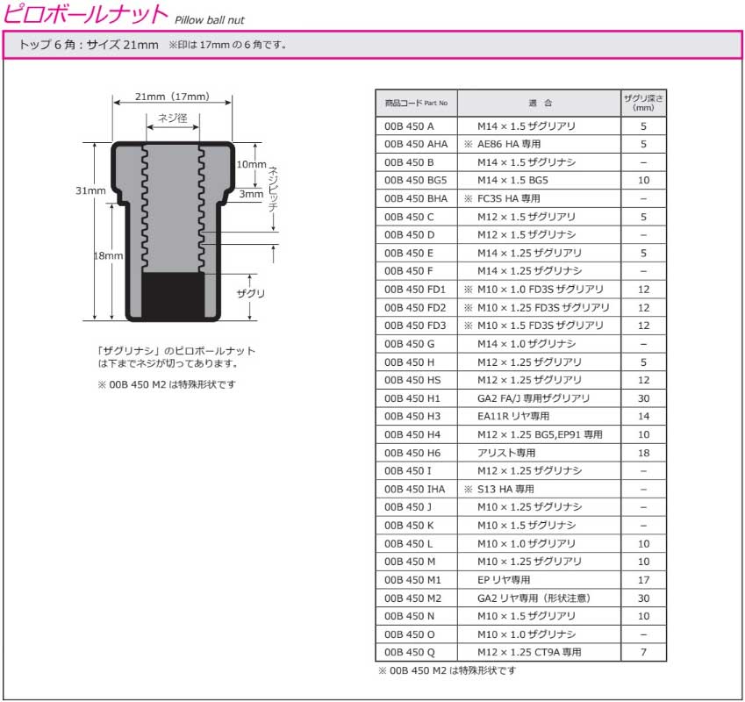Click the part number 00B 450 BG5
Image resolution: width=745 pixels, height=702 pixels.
(x=415, y=181)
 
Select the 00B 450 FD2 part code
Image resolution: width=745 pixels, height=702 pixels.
(x=415, y=308)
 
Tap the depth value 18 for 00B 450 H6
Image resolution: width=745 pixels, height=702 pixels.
(x=643, y=453)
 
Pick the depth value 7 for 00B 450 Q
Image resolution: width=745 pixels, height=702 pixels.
(x=643, y=653)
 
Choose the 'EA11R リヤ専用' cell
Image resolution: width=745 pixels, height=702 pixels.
(x=513, y=417)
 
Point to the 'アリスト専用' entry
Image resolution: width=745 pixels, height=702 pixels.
(x=506, y=453)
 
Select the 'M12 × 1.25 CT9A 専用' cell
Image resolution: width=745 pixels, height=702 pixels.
(x=529, y=653)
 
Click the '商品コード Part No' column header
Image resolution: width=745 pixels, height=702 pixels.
(x=416, y=103)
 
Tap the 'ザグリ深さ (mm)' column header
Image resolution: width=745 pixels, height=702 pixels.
(x=643, y=103)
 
